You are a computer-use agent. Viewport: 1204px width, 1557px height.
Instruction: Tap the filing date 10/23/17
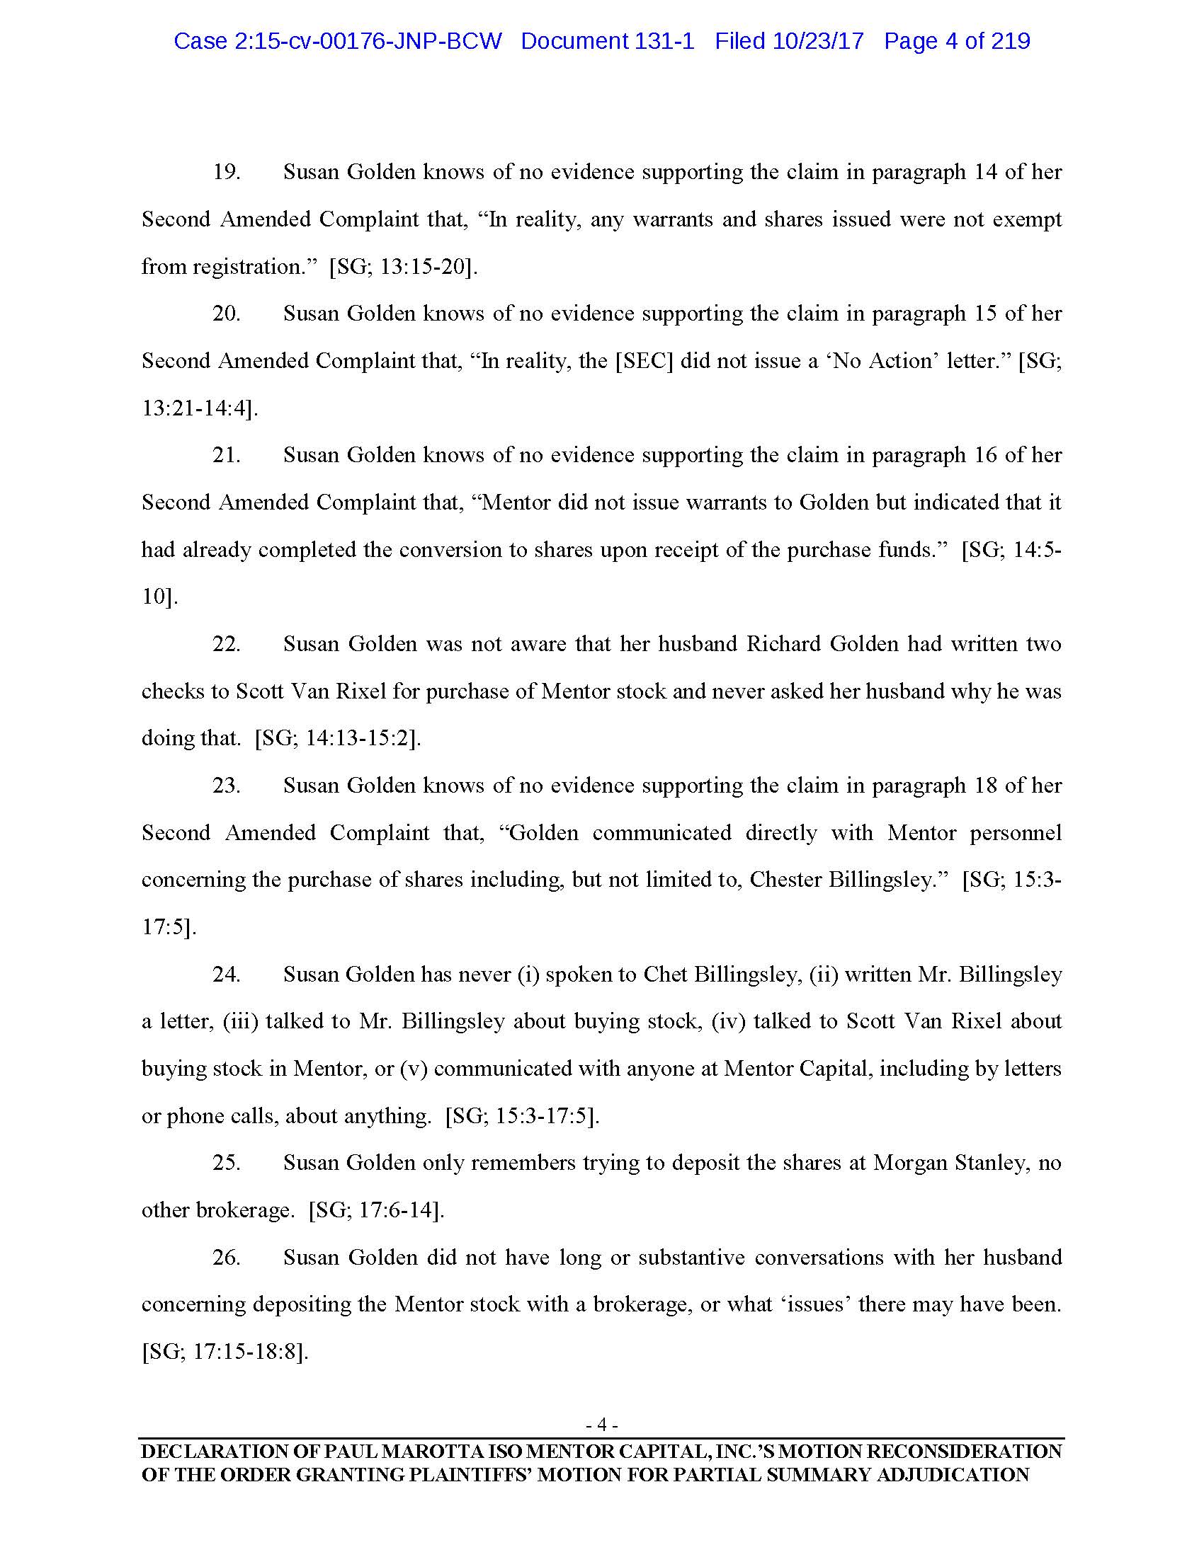pyautogui.click(x=818, y=41)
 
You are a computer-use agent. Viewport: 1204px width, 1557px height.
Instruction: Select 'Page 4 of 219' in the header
pyautogui.click(x=957, y=41)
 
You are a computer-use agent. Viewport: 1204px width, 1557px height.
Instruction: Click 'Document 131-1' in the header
pyautogui.click(x=607, y=41)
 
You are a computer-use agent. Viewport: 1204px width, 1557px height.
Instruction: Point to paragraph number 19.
pyautogui.click(x=226, y=173)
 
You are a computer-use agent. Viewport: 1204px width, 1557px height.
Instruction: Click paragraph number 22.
pyautogui.click(x=226, y=645)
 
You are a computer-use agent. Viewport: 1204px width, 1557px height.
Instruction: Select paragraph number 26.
pyautogui.click(x=226, y=1257)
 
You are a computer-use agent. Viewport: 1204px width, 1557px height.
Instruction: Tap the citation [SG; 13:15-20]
pyautogui.click(x=403, y=268)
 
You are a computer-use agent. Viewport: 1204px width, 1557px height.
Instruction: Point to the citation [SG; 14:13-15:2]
pyautogui.click(x=338, y=739)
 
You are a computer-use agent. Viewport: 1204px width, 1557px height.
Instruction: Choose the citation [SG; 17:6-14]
pyautogui.click(x=376, y=1210)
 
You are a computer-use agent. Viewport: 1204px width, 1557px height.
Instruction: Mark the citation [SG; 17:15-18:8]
pyautogui.click(x=225, y=1352)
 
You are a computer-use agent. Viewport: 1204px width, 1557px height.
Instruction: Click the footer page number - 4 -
pyautogui.click(x=601, y=1425)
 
